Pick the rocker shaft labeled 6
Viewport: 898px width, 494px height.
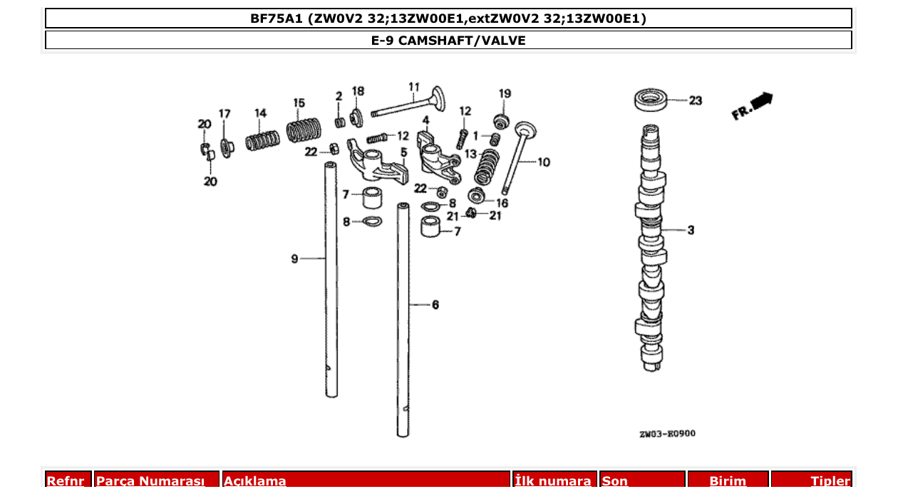tap(403, 320)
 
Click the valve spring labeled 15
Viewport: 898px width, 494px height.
tap(304, 130)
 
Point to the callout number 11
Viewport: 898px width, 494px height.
tap(414, 88)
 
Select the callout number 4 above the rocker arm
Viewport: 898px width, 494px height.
tap(425, 120)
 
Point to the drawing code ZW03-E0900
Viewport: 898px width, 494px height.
tap(666, 433)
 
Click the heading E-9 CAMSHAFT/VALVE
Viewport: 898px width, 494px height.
tap(448, 41)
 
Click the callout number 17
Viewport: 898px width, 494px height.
tap(224, 113)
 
